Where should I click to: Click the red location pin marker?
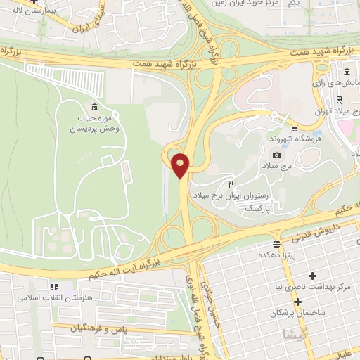click(x=181, y=165)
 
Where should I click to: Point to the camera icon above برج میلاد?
click(x=277, y=155)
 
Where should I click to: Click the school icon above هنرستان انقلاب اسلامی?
click(x=53, y=287)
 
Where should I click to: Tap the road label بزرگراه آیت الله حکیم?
click(x=123, y=268)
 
